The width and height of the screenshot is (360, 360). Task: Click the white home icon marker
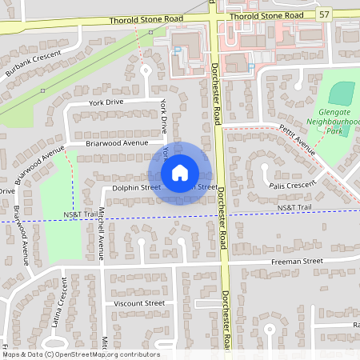(180, 173)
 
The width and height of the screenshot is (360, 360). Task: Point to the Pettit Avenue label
(298, 139)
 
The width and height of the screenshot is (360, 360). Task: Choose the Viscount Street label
(138, 304)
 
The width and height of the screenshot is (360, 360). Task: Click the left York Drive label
(106, 103)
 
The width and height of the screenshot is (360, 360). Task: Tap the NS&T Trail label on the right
(294, 208)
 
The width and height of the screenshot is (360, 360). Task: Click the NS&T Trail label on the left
(80, 215)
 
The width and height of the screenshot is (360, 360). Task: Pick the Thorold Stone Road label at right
(266, 15)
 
